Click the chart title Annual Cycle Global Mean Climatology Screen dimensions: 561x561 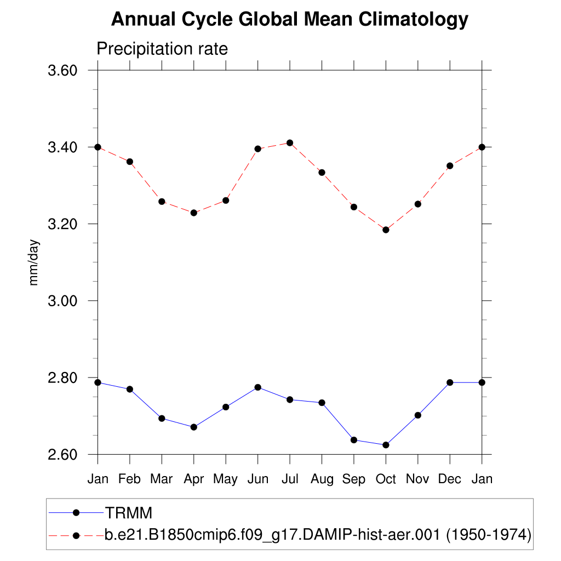(x=290, y=20)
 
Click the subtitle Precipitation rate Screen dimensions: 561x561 (x=162, y=49)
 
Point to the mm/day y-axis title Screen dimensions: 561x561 (x=34, y=262)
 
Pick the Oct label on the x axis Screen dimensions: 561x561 (x=386, y=479)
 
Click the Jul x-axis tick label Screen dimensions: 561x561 (x=290, y=479)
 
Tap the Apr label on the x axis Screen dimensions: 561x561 (x=193, y=479)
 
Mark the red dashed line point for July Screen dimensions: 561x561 (x=290, y=143)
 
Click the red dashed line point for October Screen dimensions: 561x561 (x=386, y=230)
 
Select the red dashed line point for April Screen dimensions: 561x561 (x=193, y=213)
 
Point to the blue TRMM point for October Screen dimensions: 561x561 (x=386, y=445)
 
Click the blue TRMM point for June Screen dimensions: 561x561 (x=257, y=387)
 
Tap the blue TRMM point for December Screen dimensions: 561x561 (x=450, y=382)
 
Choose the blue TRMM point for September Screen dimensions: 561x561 (x=354, y=440)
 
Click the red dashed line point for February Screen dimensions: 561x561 (x=130, y=162)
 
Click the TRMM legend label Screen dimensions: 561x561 (x=128, y=513)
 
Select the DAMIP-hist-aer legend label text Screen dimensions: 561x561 (x=318, y=534)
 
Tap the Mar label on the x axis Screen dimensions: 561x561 (x=162, y=479)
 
